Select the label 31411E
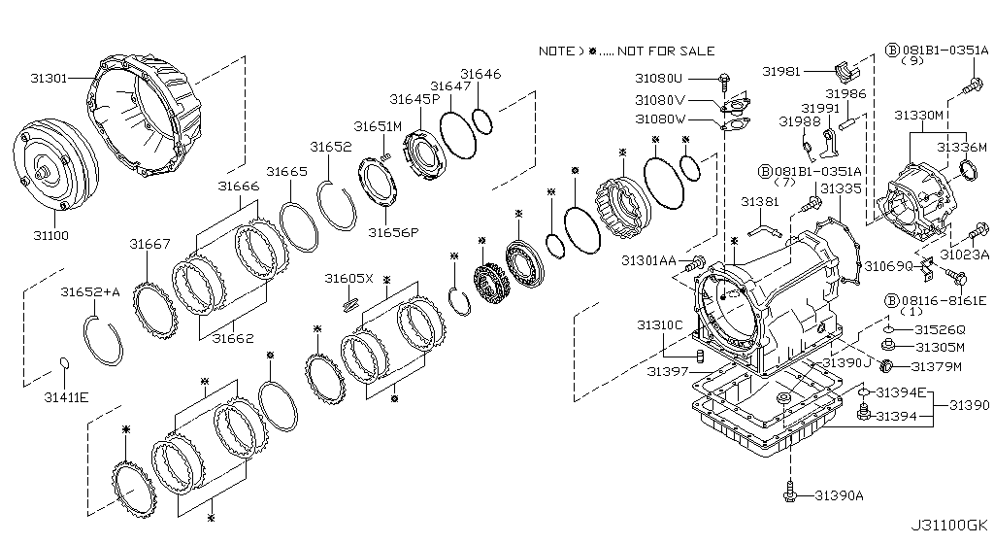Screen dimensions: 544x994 [x=67, y=397]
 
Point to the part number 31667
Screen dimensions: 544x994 [x=150, y=244]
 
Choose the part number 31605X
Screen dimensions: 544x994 [x=348, y=279]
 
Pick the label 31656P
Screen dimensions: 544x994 [x=392, y=232]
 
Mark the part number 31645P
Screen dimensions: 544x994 [x=414, y=98]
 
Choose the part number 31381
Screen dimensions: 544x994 [x=760, y=202]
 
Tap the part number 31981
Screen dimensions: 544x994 [x=780, y=71]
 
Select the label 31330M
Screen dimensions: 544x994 [x=919, y=115]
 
